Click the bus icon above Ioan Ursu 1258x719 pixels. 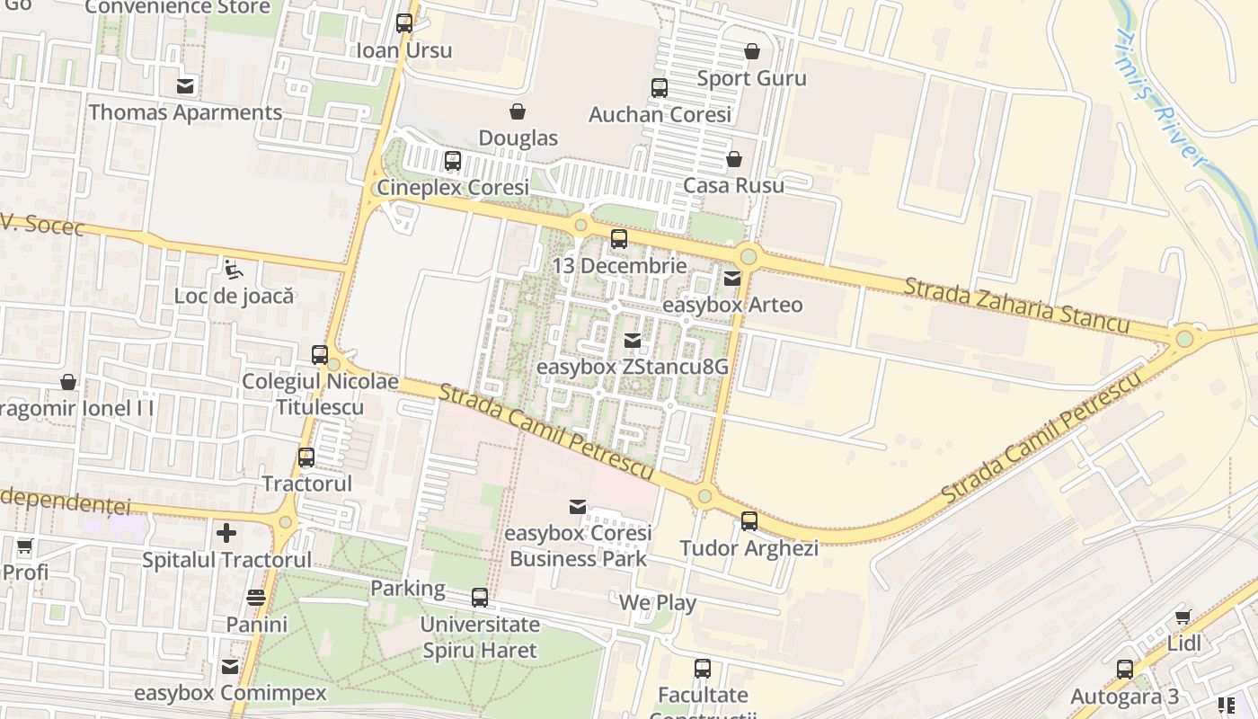pos(404,23)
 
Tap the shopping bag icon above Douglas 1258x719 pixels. pos(518,111)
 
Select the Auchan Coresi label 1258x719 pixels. pos(660,115)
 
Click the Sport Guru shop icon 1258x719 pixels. pos(752,51)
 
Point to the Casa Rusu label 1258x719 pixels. pos(733,185)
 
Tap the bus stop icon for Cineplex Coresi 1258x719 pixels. pos(453,161)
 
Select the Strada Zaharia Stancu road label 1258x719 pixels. pos(1015,306)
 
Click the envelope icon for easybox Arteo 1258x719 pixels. pos(732,279)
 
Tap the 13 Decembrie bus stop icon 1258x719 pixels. pos(619,239)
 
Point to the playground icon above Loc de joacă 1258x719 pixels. pos(234,269)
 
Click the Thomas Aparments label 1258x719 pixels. pos(185,112)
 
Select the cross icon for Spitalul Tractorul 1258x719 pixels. pos(226,534)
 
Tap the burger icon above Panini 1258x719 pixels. pos(256,598)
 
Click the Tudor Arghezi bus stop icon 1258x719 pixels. pos(749,521)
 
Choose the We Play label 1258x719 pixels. pos(658,602)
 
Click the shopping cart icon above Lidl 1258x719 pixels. pos(1183,617)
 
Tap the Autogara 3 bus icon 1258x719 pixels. pos(1125,670)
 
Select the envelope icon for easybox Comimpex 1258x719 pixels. pos(230,667)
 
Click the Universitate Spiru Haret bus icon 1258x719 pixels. pos(480,598)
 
